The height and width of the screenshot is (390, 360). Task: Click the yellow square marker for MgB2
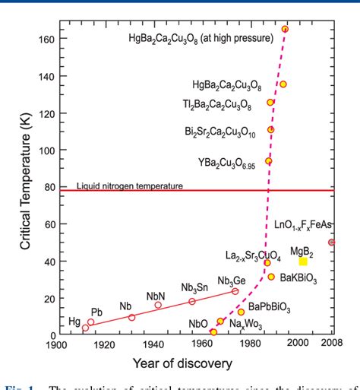(303, 262)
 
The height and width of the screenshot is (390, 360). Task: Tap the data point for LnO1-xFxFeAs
(331, 243)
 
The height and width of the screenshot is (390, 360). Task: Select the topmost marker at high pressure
(285, 29)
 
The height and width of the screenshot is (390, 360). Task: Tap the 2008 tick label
(332, 344)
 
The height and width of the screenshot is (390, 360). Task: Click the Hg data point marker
(85, 328)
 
